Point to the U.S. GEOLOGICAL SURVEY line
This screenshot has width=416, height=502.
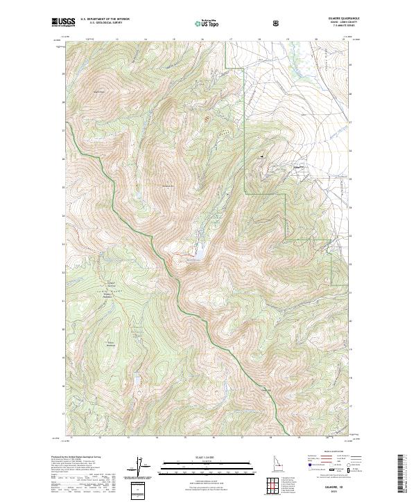[x=99, y=24]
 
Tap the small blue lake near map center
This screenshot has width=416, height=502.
[x=197, y=256]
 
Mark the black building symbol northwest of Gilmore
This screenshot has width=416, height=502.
[x=262, y=157]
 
